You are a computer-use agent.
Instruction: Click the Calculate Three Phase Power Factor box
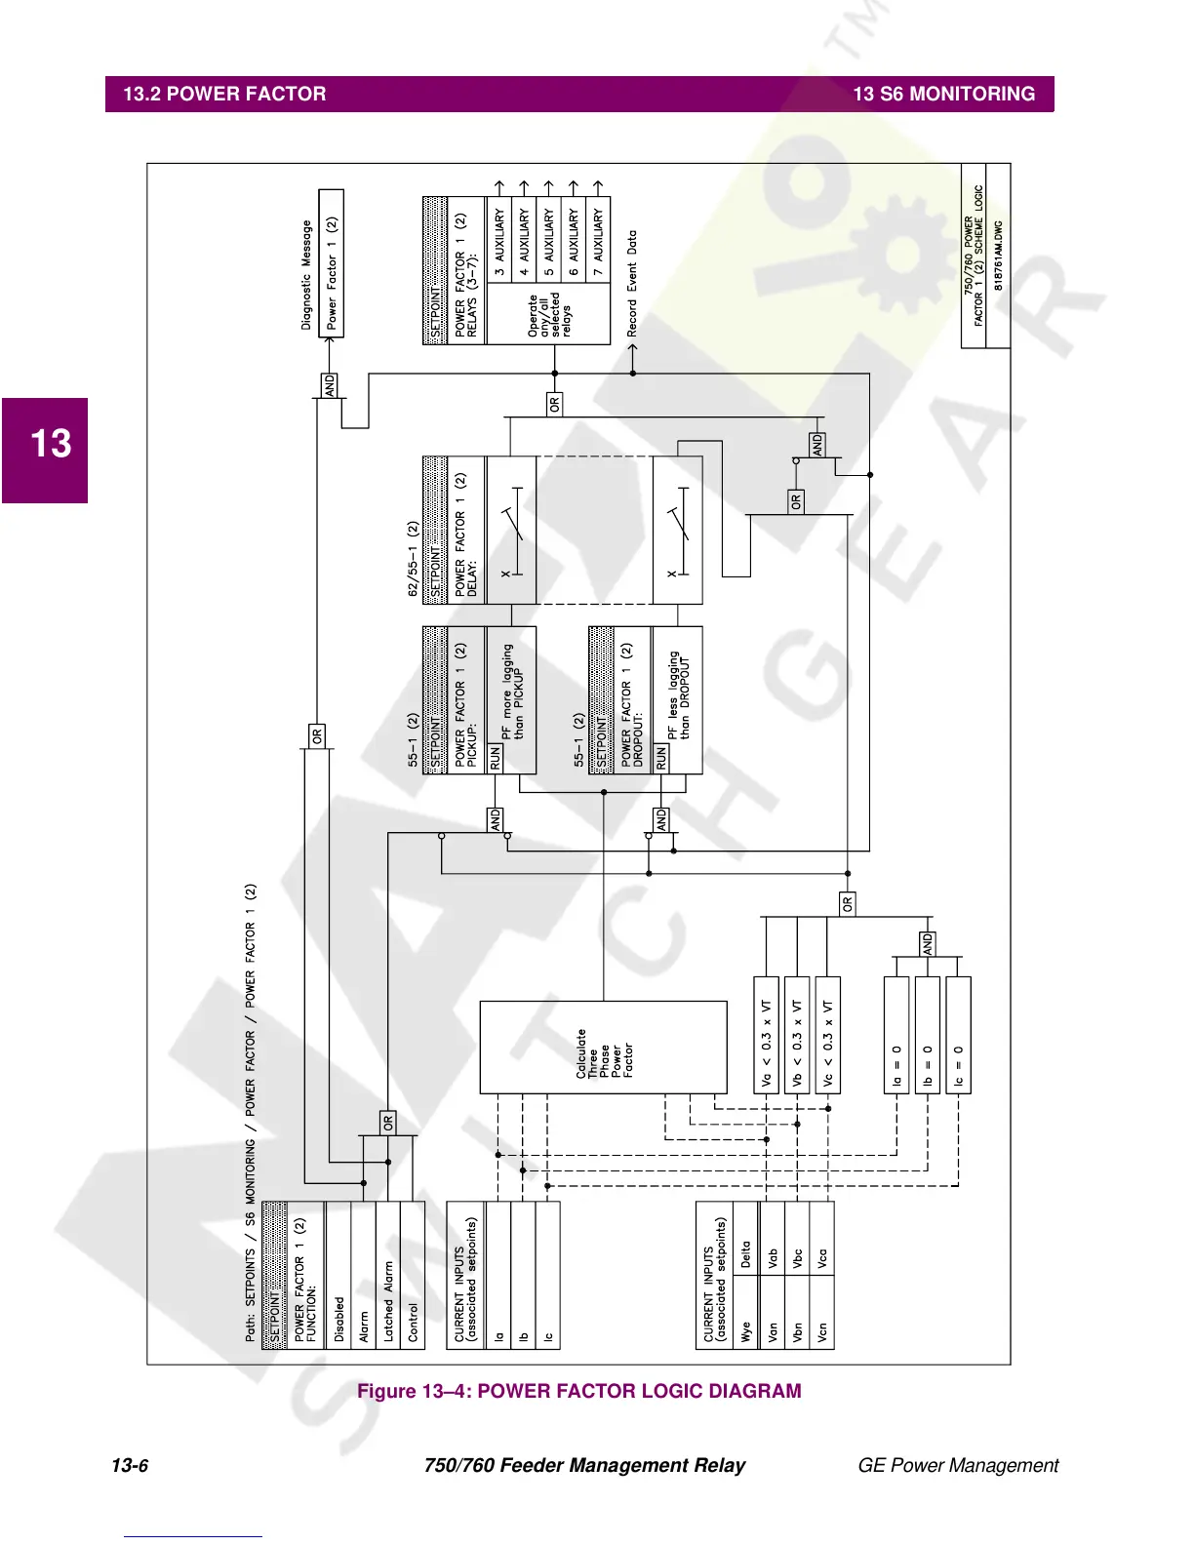coord(603,1048)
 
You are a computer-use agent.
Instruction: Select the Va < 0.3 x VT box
coord(767,1036)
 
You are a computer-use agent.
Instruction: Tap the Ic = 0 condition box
coord(959,1036)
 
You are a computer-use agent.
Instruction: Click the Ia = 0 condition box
coord(896,1036)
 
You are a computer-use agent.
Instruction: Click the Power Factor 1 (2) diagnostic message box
coord(332,262)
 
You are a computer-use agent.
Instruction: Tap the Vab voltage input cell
coord(773,1257)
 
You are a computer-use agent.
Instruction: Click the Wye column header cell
coord(746,1331)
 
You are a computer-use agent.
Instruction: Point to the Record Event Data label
coord(632,284)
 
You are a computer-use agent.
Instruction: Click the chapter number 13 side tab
coord(50,444)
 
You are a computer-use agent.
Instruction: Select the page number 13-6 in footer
coord(130,1465)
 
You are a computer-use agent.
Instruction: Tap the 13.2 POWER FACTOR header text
coord(224,95)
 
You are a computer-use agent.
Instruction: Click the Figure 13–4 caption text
coord(578,1391)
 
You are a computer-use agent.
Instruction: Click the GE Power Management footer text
coord(957,1465)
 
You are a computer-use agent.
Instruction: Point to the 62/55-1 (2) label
coord(413,559)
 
